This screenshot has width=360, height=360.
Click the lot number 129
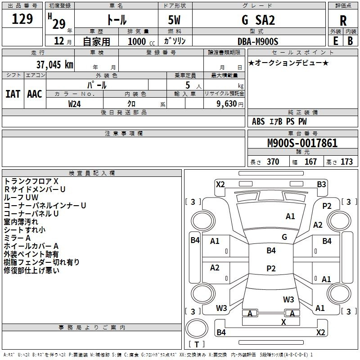click(x=22, y=19)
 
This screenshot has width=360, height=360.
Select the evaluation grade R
click(x=343, y=21)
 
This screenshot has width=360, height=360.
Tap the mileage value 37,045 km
click(x=54, y=65)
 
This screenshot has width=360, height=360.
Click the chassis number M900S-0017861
click(x=302, y=144)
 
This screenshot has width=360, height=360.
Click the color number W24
click(x=75, y=103)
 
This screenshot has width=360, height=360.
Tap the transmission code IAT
click(x=13, y=94)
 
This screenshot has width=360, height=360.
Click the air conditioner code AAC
click(x=35, y=94)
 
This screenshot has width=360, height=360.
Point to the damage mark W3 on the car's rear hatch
click(x=288, y=299)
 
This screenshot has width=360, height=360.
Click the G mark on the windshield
click(x=284, y=237)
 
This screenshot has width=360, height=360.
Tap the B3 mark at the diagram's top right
click(x=321, y=184)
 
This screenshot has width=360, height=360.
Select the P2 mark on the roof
click(x=271, y=269)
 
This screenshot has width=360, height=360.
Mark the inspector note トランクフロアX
click(x=31, y=181)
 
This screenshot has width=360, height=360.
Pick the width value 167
click(x=310, y=162)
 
